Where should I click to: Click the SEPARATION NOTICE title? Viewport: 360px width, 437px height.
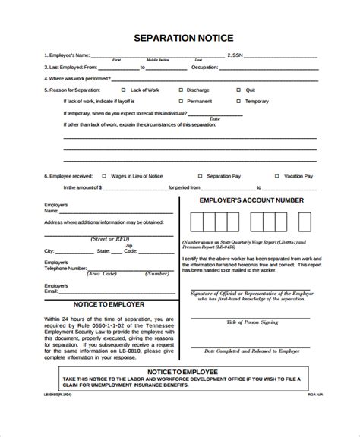coord(179,37)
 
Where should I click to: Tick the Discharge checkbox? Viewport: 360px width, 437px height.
coord(180,89)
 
